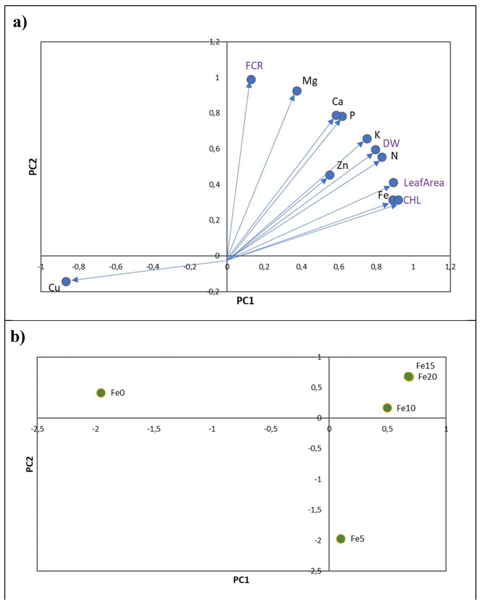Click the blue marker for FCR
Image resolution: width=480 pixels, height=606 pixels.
[251, 79]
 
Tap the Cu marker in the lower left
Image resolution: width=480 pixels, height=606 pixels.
[66, 281]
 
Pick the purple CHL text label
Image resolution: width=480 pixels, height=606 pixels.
[412, 200]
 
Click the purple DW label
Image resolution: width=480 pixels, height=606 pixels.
[391, 143]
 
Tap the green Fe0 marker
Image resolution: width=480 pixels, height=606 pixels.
[101, 393]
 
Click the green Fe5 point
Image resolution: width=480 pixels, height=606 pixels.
[341, 539]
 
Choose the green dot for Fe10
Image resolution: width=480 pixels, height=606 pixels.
[387, 408]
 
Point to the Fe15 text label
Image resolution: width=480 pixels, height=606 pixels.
[425, 366]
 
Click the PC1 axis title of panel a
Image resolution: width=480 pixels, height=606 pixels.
[245, 301]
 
